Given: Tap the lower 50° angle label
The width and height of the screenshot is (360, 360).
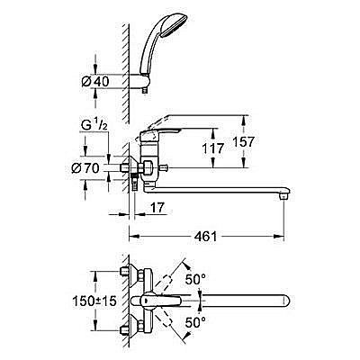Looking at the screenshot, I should tap(196, 320).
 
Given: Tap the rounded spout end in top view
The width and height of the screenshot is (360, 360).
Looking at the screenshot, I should tap(288, 301).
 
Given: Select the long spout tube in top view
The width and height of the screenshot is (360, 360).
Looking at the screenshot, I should tap(234, 301).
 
